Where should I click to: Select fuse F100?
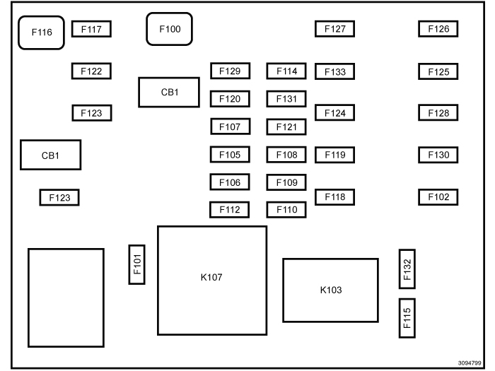(170, 29)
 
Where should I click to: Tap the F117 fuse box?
(92, 30)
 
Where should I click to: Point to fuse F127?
(334, 29)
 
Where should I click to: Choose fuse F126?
(438, 29)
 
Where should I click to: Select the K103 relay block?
(331, 290)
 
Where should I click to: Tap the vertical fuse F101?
(137, 264)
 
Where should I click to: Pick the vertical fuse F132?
(407, 269)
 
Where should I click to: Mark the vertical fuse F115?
(407, 318)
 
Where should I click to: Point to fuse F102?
(438, 197)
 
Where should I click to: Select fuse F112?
(230, 210)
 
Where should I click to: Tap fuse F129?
(230, 71)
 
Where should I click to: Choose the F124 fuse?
(334, 112)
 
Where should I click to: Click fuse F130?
(438, 155)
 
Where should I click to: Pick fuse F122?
(92, 71)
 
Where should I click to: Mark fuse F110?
(286, 210)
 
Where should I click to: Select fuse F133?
(334, 71)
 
